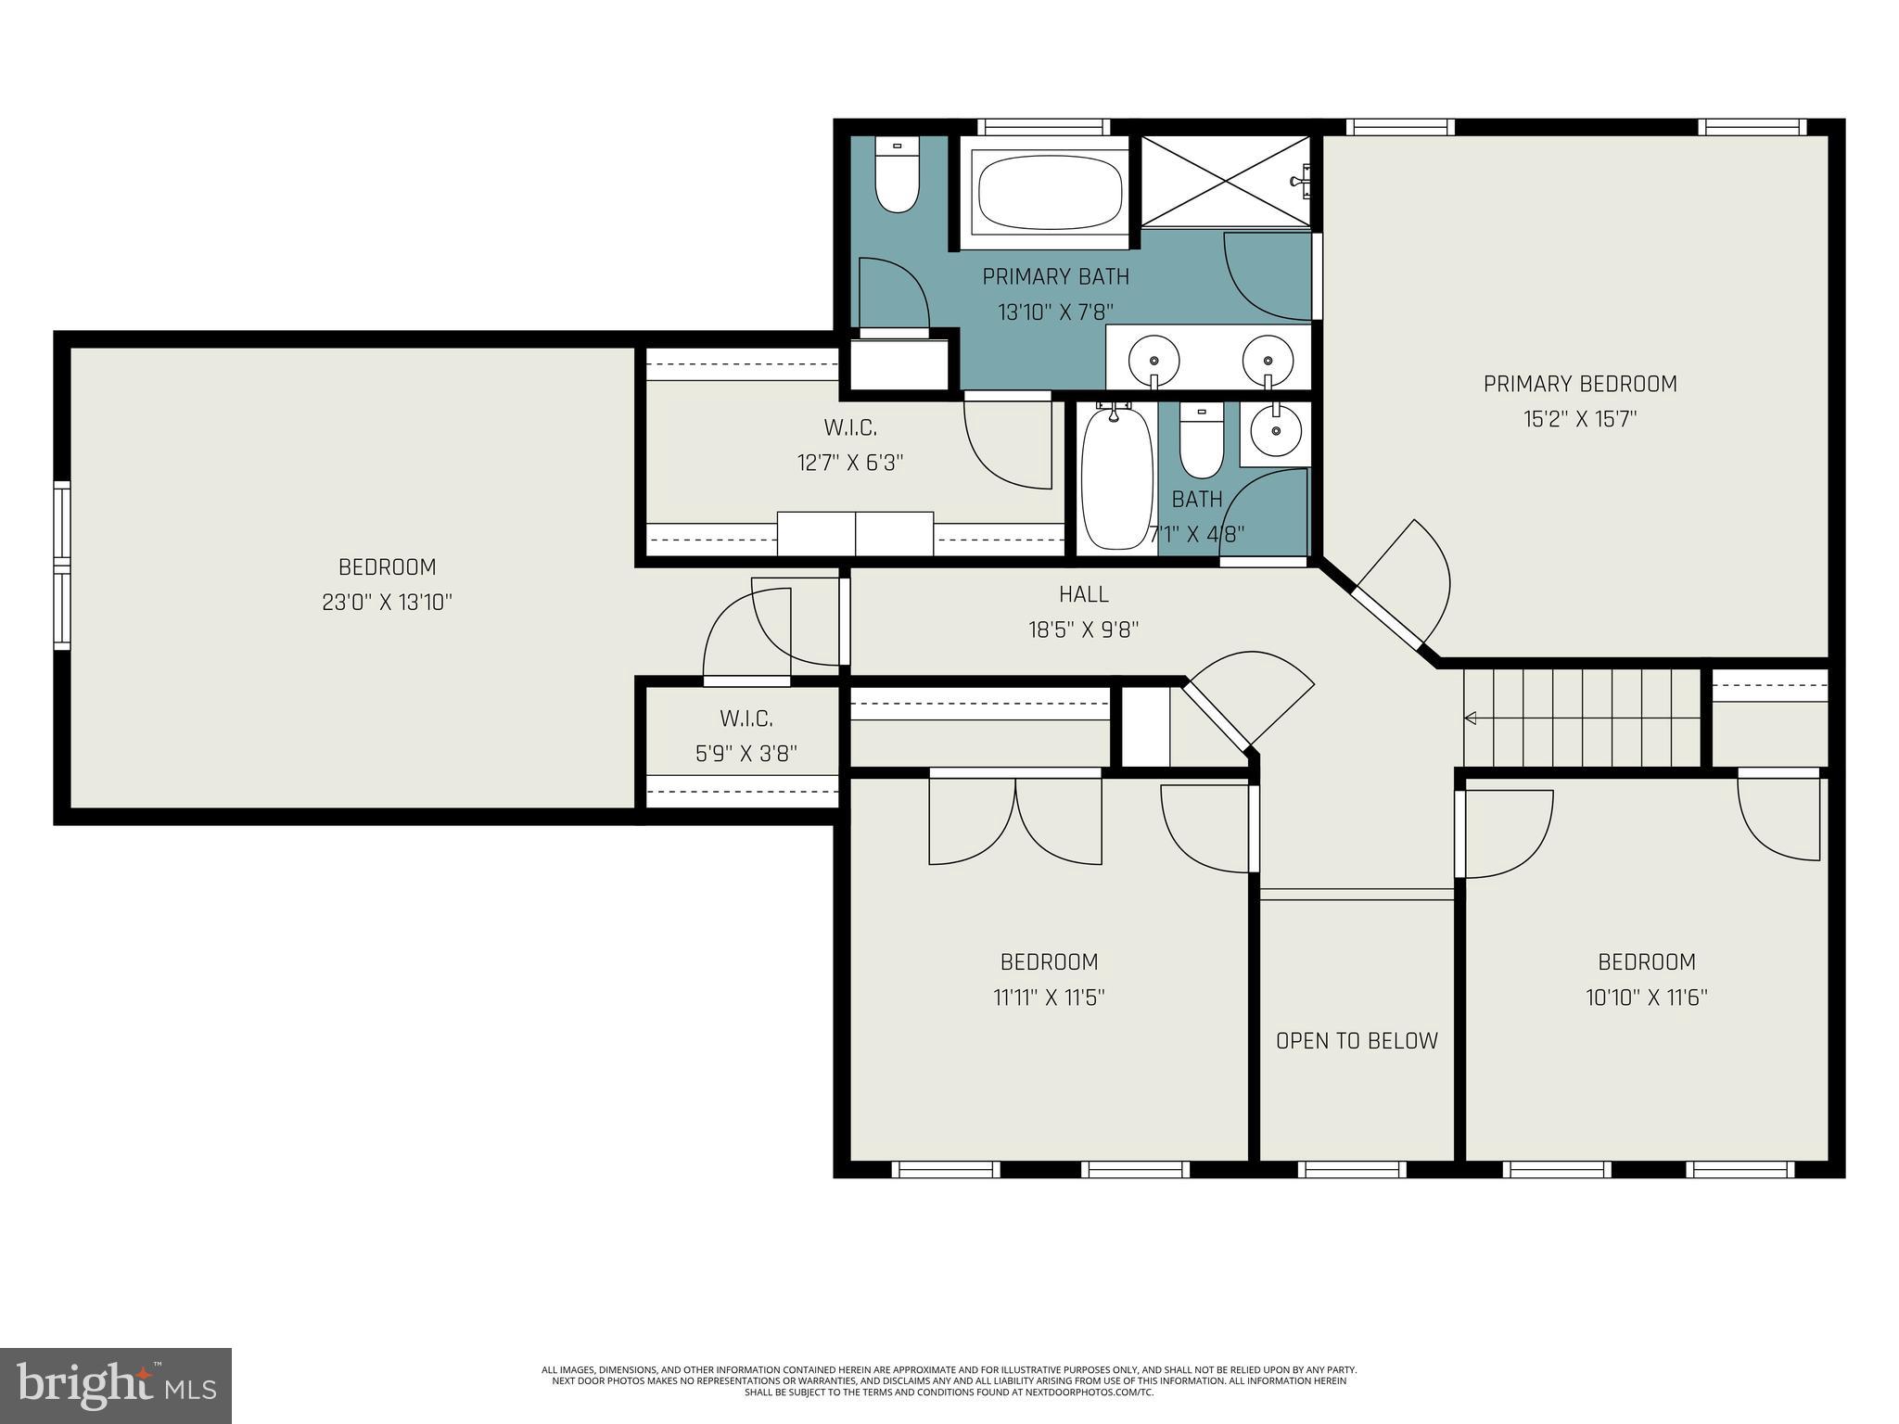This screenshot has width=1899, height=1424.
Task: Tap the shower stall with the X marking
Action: pos(1226,182)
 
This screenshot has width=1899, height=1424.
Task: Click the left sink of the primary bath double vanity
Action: pos(1153,357)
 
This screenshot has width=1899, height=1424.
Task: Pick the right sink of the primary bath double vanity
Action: pos(1267,357)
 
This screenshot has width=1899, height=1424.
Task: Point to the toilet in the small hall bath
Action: pos(1202,442)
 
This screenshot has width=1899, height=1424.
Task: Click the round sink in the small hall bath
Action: pos(1276,430)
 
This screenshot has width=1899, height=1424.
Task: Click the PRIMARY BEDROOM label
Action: pos(1580,384)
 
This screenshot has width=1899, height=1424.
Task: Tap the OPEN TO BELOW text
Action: pos(1357,1041)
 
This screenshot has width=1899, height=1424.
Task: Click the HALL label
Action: pos(1084,594)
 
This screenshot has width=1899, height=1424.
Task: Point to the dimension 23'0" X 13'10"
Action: pos(387,603)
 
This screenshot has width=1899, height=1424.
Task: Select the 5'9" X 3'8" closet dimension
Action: pos(746,754)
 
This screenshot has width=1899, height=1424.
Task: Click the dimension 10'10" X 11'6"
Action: pos(1647,998)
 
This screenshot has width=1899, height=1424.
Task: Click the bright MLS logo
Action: pos(116,1385)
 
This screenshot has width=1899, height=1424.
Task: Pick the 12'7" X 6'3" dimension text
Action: pos(850,463)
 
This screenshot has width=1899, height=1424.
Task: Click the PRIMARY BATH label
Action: pos(1056,276)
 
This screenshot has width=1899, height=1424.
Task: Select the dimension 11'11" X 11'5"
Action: pos(1049,998)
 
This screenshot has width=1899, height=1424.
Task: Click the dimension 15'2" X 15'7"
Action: pos(1580,419)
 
